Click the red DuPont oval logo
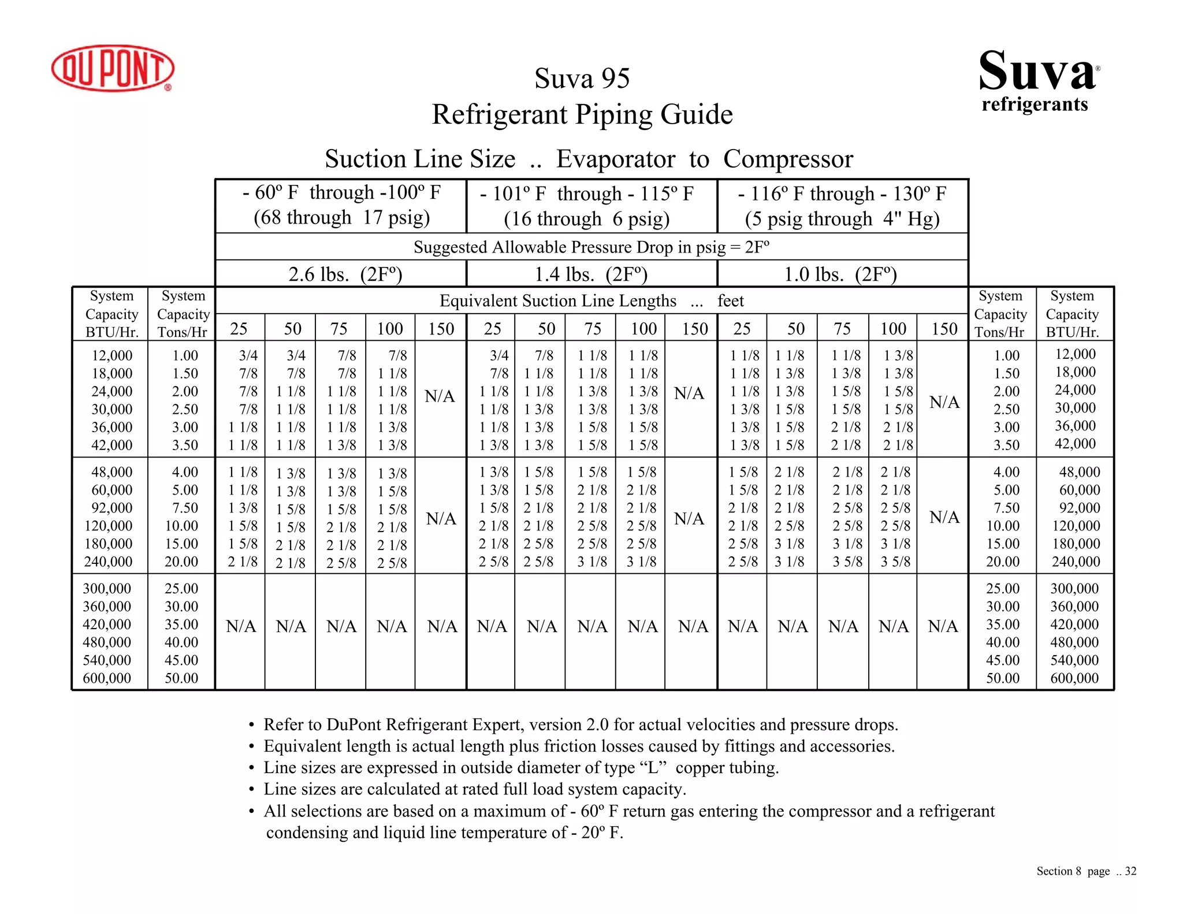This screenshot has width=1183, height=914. pyautogui.click(x=113, y=68)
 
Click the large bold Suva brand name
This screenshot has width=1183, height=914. pyautogui.click(x=1037, y=70)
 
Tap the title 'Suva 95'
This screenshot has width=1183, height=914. pyautogui.click(x=582, y=78)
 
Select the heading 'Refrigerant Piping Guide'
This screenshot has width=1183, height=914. pyautogui.click(x=582, y=114)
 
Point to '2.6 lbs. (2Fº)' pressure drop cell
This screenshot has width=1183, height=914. pyautogui.click(x=345, y=274)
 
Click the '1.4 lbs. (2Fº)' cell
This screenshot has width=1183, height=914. pyautogui.click(x=590, y=274)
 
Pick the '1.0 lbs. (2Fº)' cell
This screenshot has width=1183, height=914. pyautogui.click(x=840, y=274)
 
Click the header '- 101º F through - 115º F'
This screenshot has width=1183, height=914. pyautogui.click(x=586, y=194)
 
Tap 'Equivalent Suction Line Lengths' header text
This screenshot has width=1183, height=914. pyautogui.click(x=557, y=301)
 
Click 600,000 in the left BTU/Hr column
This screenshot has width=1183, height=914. pyautogui.click(x=107, y=678)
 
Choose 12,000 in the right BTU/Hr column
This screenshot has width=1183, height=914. pyautogui.click(x=1075, y=354)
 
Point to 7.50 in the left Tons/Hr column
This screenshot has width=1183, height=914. pyautogui.click(x=185, y=508)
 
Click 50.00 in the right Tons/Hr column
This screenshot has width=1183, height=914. pyautogui.click(x=1003, y=678)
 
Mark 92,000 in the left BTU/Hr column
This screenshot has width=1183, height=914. pyautogui.click(x=111, y=508)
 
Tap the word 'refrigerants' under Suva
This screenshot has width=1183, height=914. pyautogui.click(x=1035, y=104)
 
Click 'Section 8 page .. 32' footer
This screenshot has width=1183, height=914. pyautogui.click(x=1086, y=871)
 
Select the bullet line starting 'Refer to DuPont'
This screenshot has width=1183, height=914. pyautogui.click(x=581, y=724)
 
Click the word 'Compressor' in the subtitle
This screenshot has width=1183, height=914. pyautogui.click(x=788, y=159)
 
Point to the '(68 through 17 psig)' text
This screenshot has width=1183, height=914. pyautogui.click(x=341, y=218)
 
